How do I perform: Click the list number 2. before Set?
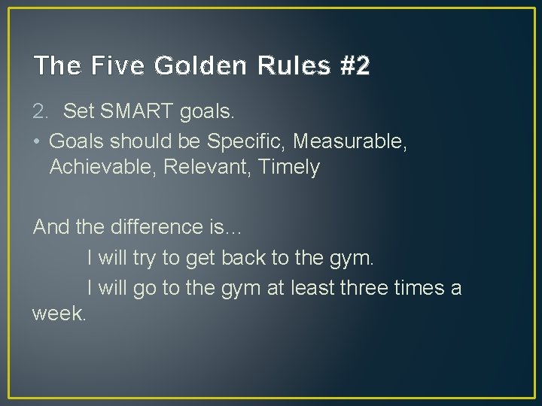pyautogui.click(x=42, y=113)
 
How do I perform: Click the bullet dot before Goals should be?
pyautogui.click(x=37, y=141)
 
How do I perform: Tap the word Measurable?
pyautogui.click(x=351, y=141)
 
